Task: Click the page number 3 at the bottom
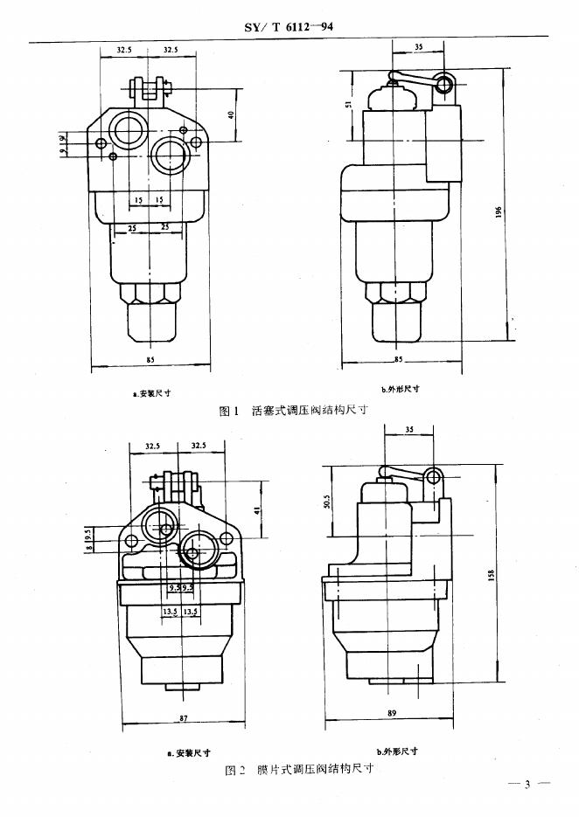[x=527, y=783]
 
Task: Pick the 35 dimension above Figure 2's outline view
[x=410, y=430]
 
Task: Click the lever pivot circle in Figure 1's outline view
[x=445, y=84]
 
